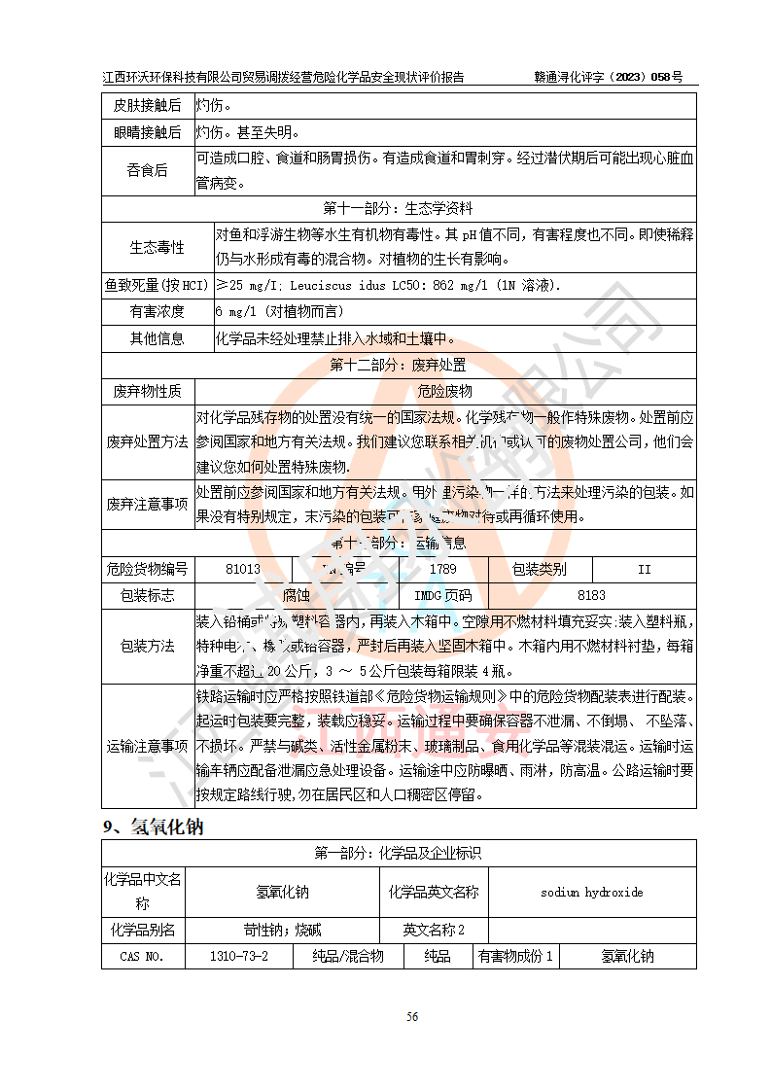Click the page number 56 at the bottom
click(x=412, y=1016)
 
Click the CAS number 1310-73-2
click(x=239, y=956)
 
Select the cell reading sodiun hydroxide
click(x=591, y=892)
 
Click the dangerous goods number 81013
click(x=242, y=569)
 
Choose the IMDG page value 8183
click(x=591, y=595)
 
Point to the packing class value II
click(x=644, y=569)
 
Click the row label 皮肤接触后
click(x=148, y=105)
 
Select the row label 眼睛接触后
click(x=148, y=131)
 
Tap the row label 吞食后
click(x=148, y=170)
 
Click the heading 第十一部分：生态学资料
click(x=398, y=208)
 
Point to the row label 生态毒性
click(x=158, y=247)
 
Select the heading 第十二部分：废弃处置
click(x=398, y=365)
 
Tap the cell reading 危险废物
click(x=444, y=391)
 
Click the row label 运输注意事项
click(x=148, y=746)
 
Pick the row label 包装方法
click(x=148, y=646)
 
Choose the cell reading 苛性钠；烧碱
click(x=282, y=930)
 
